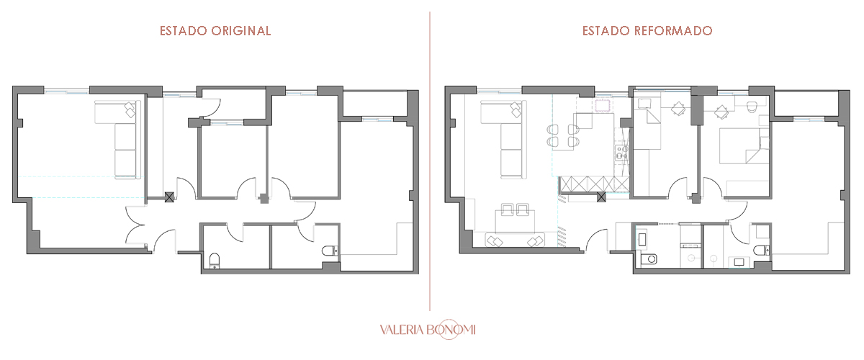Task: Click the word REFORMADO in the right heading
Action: pyautogui.click(x=674, y=31)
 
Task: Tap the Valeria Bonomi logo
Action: pyautogui.click(x=428, y=330)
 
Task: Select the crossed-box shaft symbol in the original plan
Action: pyautogui.click(x=169, y=197)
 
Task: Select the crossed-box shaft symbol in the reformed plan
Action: pyautogui.click(x=601, y=197)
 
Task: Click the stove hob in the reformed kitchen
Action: pyautogui.click(x=621, y=152)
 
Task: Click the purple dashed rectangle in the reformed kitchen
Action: pyautogui.click(x=603, y=106)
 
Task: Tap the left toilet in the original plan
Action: pyautogui.click(x=215, y=260)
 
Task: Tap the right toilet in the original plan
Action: pyautogui.click(x=330, y=251)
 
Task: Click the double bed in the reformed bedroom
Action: pyautogui.click(x=744, y=146)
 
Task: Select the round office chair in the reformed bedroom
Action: pyautogui.click(x=752, y=107)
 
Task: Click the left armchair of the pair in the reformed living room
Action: pyautogui.click(x=507, y=210)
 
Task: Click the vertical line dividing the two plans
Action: pyautogui.click(x=430, y=161)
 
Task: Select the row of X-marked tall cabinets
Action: pyautogui.click(x=595, y=184)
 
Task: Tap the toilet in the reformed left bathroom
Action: pyautogui.click(x=649, y=258)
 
